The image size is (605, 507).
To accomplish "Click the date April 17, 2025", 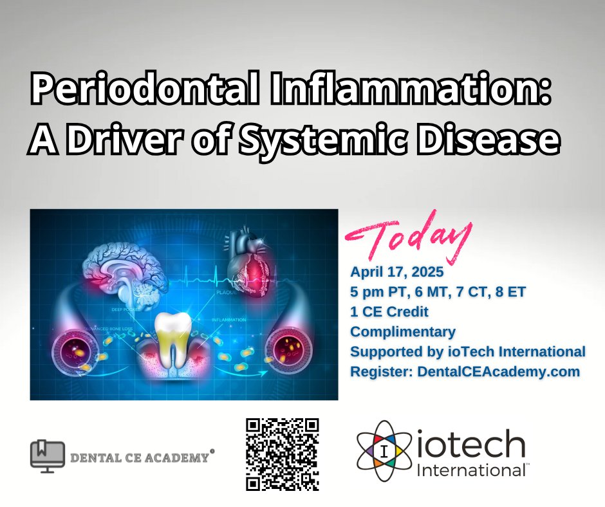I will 393,272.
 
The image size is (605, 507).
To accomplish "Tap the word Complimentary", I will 403,332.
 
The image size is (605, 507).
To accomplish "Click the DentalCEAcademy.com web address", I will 490,371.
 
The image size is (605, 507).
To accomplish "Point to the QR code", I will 283,454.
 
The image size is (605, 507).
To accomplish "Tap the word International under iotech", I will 471,470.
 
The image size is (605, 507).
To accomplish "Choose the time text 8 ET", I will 512,292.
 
